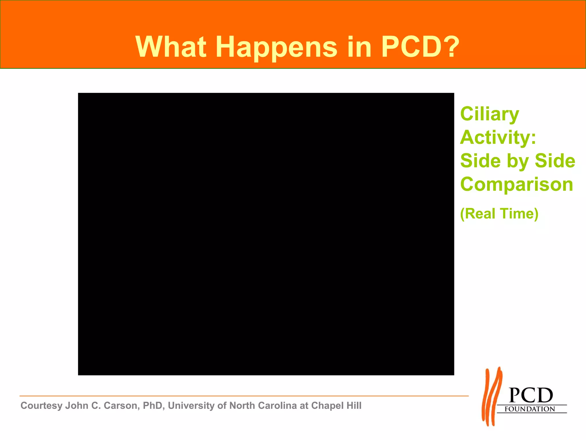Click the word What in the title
tap(171, 47)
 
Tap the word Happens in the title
tap(276, 47)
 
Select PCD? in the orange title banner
tap(420, 47)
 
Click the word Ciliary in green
tap(490, 114)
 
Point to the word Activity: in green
tap(498, 137)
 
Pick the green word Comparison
tap(517, 184)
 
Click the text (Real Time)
tap(499, 214)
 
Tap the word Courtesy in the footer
tap(41, 406)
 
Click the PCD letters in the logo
tap(531, 396)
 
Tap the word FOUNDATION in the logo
tap(530, 409)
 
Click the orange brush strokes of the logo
tap(492, 397)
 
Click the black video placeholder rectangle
tap(266, 234)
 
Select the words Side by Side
tap(518, 161)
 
